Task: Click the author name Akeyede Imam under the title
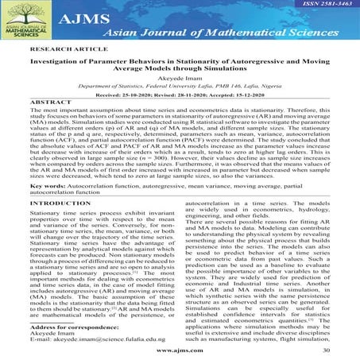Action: (180, 97)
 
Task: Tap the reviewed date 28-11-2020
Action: (199, 116)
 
